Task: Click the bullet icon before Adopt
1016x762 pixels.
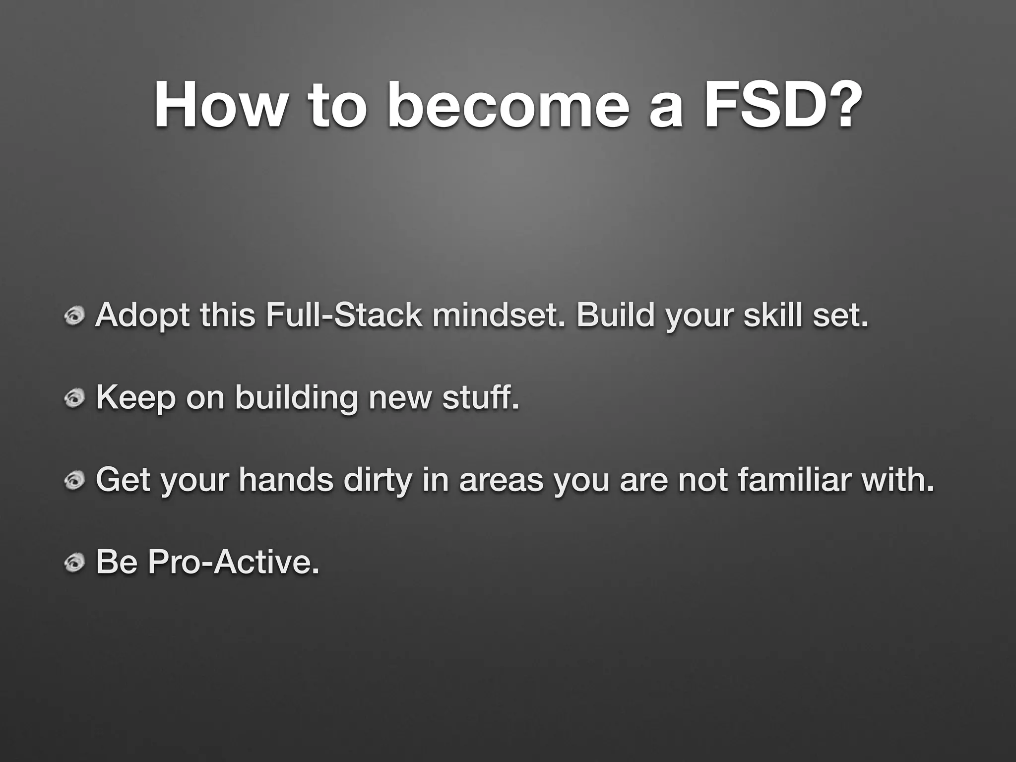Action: coord(75,316)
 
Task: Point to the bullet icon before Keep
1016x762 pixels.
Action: coord(75,398)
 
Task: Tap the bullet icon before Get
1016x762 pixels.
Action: coord(75,480)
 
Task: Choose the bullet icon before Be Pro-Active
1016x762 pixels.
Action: coord(75,562)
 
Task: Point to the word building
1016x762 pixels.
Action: coord(296,398)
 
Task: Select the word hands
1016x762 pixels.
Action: coord(286,480)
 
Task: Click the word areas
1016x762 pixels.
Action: coord(501,481)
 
